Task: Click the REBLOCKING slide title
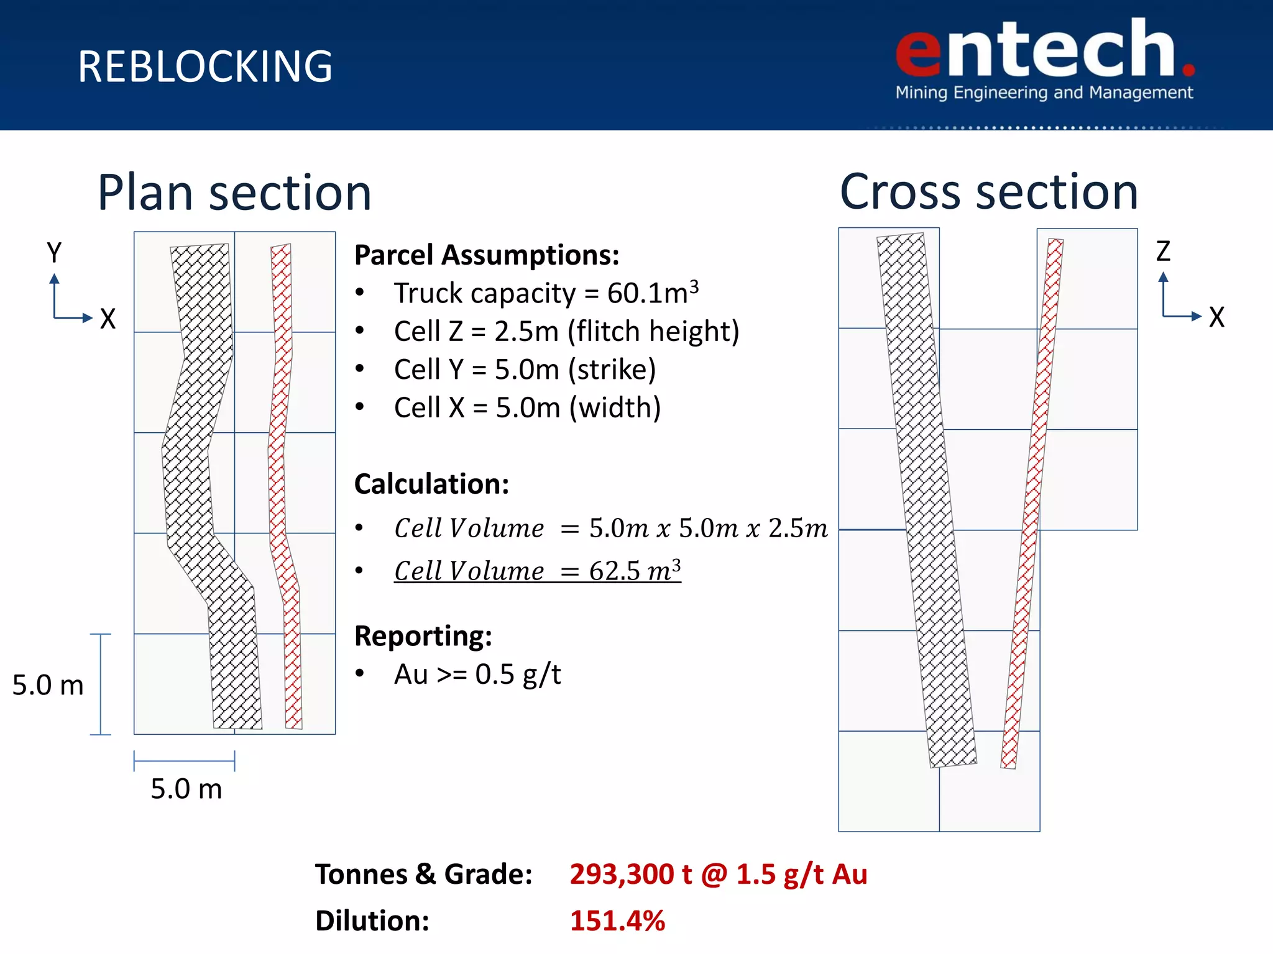tap(205, 67)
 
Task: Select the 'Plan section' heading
tap(234, 193)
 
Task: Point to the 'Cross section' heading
tap(988, 191)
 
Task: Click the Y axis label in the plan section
tap(54, 253)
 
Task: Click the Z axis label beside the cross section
tap(1162, 252)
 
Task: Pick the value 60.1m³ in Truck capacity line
tap(653, 293)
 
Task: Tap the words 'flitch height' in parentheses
tap(653, 331)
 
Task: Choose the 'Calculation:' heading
tap(431, 484)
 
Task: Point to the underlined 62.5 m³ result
tap(634, 571)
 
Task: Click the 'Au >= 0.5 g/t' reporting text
tap(477, 675)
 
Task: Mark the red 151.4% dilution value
tap(617, 920)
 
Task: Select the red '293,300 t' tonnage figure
tap(630, 874)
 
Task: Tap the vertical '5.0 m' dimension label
tap(48, 685)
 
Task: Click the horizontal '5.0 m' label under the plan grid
tap(186, 789)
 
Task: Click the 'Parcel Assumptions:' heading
tap(487, 255)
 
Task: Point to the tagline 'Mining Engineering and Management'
tap(1044, 93)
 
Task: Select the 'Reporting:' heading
tap(423, 636)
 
